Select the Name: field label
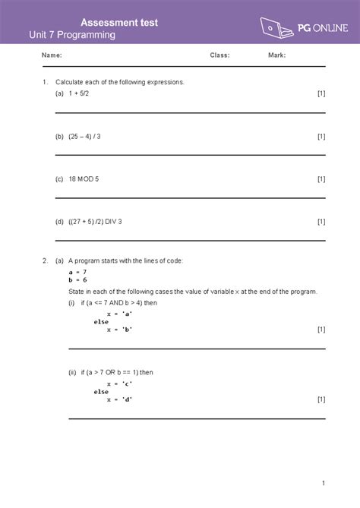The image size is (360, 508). (x=52, y=55)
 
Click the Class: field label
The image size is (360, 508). (x=219, y=55)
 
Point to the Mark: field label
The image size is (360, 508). (x=276, y=55)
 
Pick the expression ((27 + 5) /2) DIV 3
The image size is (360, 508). (x=94, y=222)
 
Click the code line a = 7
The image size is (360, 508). (x=77, y=272)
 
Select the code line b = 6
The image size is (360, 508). (x=77, y=279)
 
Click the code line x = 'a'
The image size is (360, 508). (x=120, y=314)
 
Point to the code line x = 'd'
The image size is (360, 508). (x=120, y=399)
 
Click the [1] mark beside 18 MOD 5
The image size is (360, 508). (x=321, y=179)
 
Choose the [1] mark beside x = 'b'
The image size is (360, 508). (x=321, y=330)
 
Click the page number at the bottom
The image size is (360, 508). (x=323, y=483)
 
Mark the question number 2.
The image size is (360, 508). (x=46, y=260)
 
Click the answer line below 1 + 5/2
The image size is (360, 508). (x=190, y=112)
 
